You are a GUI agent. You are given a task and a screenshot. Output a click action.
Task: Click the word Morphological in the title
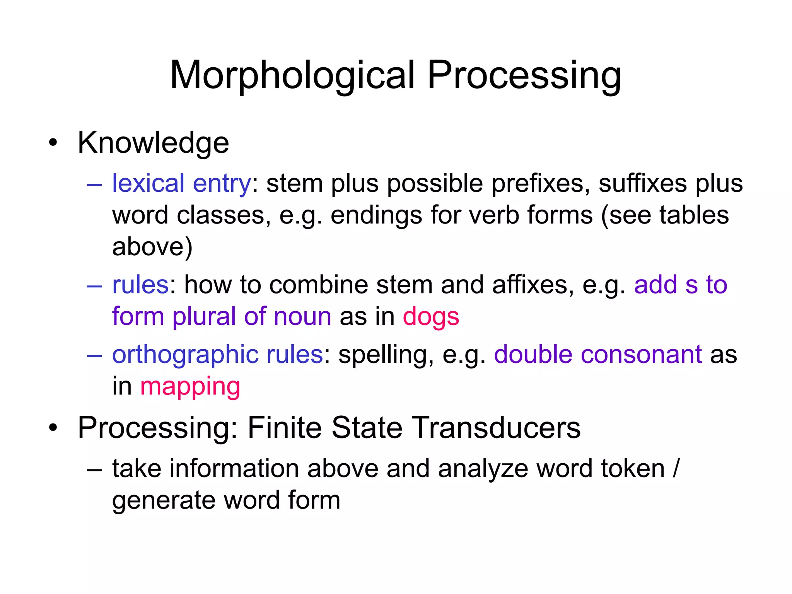point(292,76)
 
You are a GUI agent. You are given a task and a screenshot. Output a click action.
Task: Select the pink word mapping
point(190,387)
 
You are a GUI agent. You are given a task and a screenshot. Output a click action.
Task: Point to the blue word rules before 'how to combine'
point(140,285)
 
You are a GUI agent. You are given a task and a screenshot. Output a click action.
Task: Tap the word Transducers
point(495,428)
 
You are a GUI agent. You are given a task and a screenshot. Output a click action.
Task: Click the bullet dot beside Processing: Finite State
point(53,428)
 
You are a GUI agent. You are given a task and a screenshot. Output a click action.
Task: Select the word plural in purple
point(204,317)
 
